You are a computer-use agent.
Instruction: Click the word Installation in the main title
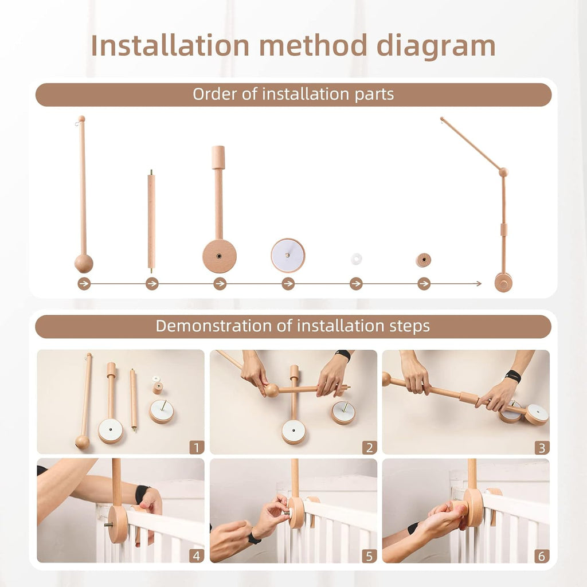point(171,46)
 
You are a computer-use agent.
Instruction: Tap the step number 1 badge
point(196,447)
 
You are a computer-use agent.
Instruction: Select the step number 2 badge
point(369,447)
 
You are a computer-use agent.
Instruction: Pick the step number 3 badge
point(542,447)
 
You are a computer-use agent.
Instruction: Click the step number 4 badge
point(196,555)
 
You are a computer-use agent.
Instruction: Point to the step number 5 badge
point(369,555)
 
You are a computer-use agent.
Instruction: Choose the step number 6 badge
point(542,555)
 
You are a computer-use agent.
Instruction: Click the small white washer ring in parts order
point(356,259)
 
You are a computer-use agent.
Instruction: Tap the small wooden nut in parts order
point(423,260)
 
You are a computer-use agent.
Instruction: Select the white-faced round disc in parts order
point(288,255)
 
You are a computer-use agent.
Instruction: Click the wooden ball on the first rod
point(84,264)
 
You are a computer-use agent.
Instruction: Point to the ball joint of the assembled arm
point(503,172)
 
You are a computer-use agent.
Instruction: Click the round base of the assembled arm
point(503,282)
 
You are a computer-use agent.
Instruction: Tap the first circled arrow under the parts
point(84,284)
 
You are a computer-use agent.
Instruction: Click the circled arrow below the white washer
point(356,284)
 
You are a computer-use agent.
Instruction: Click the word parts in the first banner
point(373,95)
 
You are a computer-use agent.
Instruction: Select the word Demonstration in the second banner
point(224,326)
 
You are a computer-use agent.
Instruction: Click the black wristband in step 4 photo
point(142,494)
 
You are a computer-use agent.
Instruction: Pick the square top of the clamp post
point(218,157)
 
